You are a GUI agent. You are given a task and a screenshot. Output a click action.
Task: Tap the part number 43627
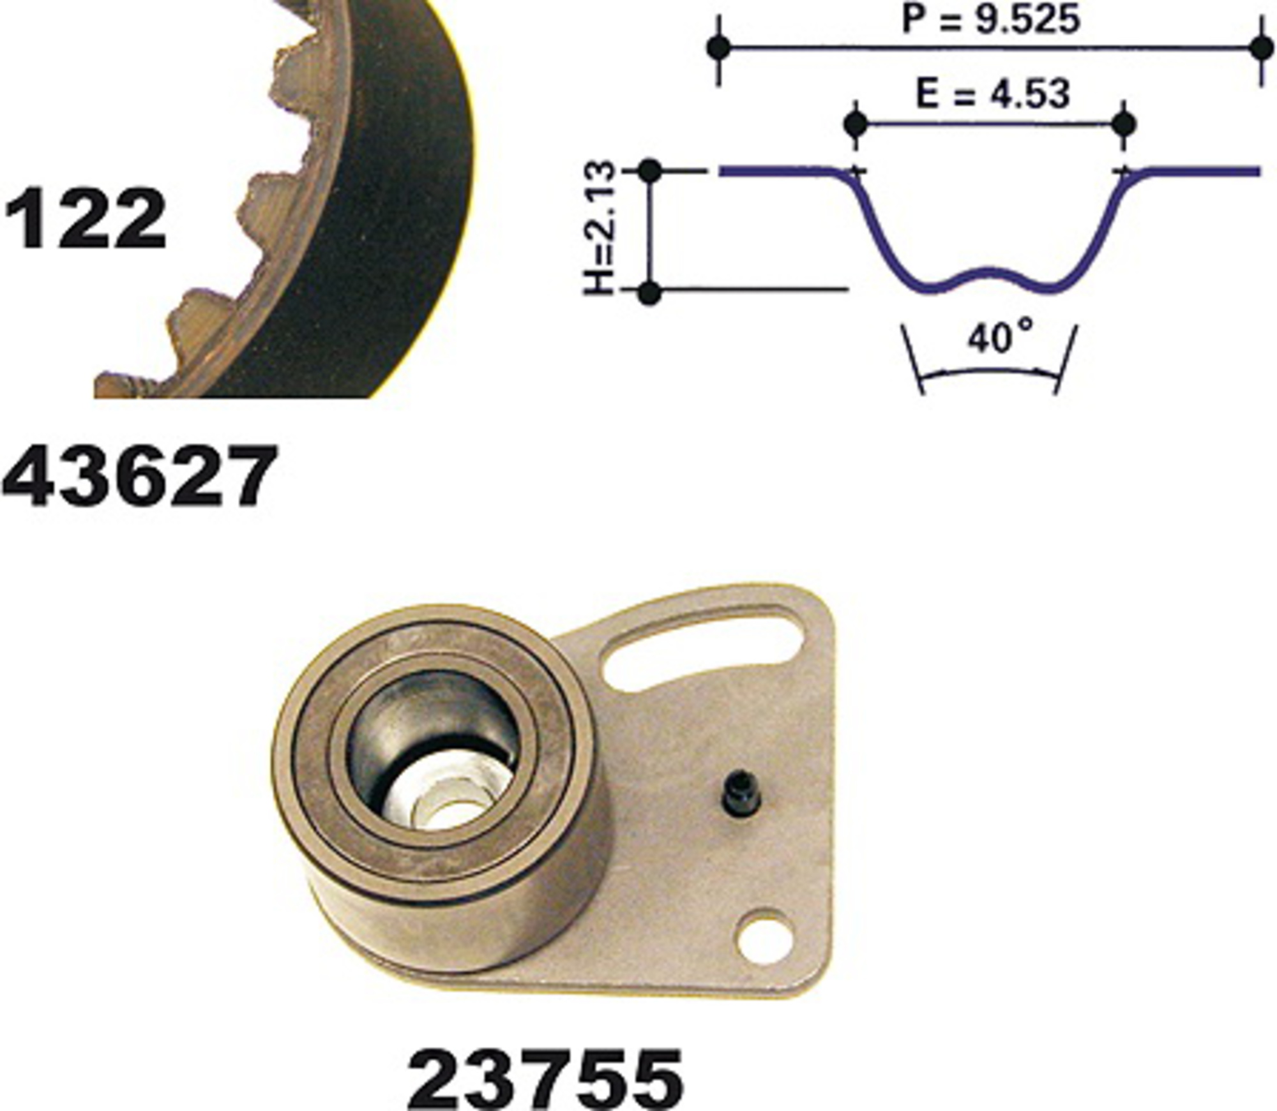point(140,476)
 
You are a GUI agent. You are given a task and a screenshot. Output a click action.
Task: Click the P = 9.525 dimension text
point(990,20)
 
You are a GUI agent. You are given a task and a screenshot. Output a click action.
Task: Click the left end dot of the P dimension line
point(720,47)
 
